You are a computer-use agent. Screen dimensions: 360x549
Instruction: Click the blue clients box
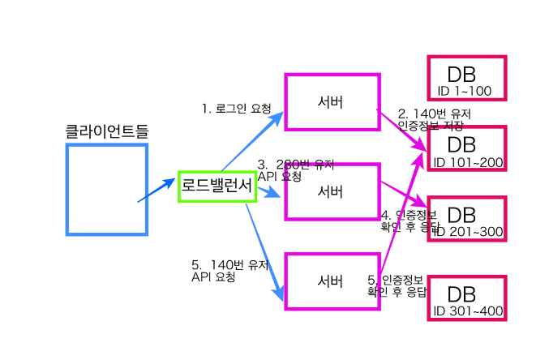(106, 189)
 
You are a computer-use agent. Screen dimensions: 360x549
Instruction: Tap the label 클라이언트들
(107, 131)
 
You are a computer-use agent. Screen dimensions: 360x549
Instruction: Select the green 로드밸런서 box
(217, 186)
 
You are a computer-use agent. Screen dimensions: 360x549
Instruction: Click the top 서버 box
(332, 102)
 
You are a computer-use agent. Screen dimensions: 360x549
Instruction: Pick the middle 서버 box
(332, 192)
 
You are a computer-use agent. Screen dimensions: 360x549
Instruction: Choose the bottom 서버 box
(332, 281)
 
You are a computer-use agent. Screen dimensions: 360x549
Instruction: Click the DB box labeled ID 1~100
(466, 79)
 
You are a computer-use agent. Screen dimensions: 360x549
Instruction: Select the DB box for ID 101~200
(466, 149)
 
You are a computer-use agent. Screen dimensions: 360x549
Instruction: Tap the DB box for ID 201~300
(466, 219)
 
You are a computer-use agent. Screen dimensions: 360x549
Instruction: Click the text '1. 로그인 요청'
(238, 108)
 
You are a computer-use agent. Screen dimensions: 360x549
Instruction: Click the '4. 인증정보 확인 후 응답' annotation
(408, 221)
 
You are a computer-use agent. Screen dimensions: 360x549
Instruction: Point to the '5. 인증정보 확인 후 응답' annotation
(397, 285)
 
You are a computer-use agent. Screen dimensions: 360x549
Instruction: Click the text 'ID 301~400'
(468, 311)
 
